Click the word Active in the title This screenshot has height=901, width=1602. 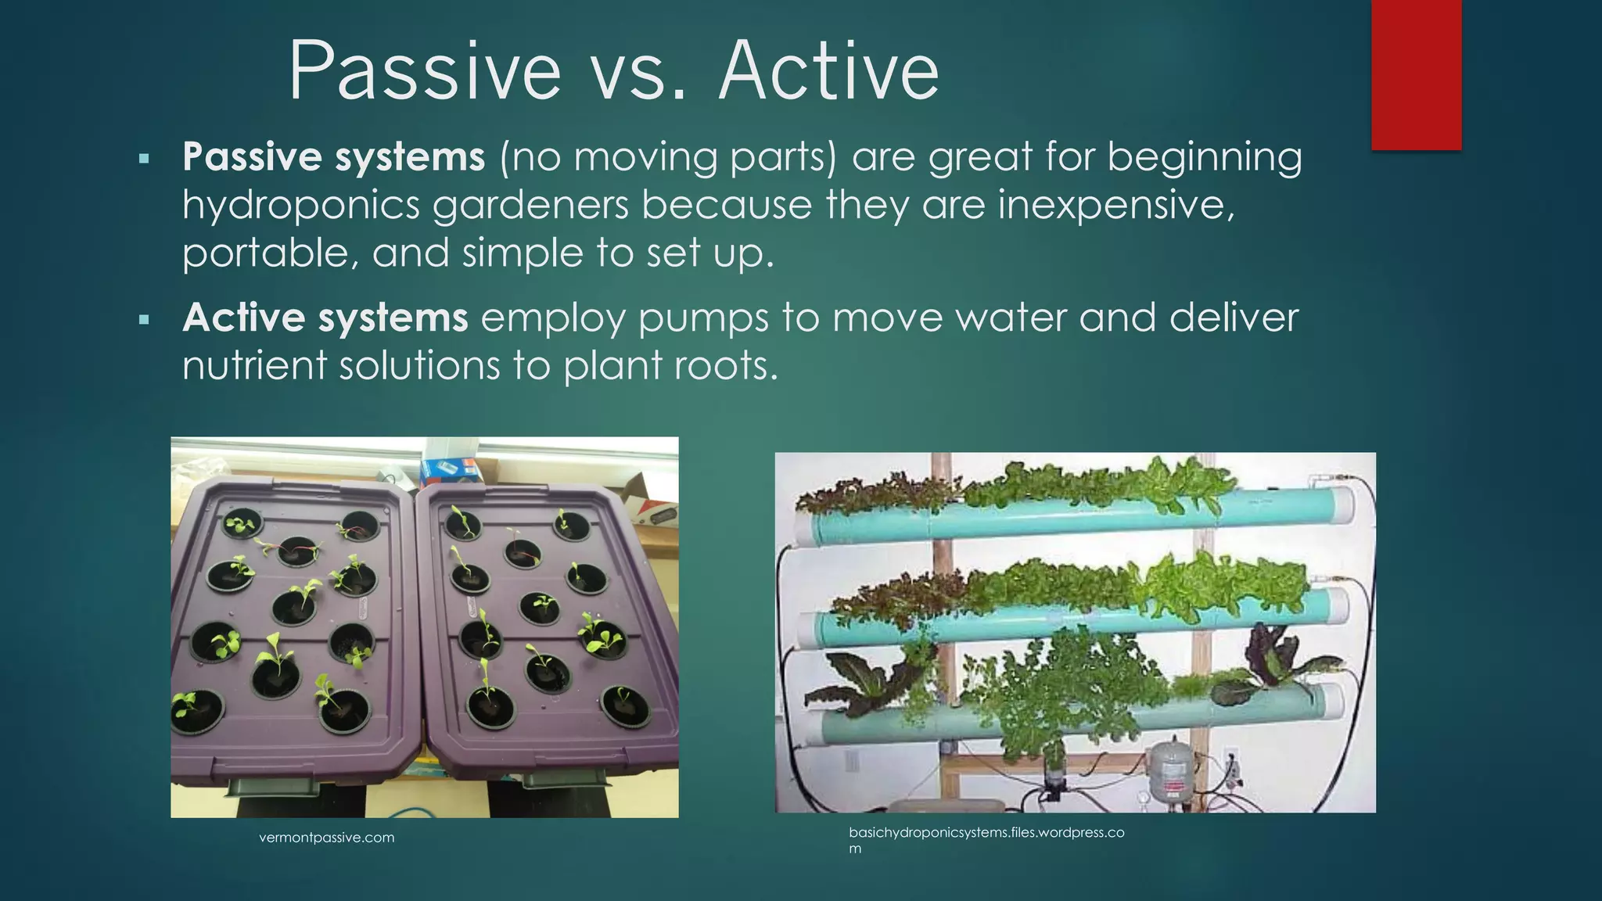(x=829, y=72)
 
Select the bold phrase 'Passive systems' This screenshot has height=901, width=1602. (x=334, y=156)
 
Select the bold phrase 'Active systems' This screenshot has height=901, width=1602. (x=325, y=318)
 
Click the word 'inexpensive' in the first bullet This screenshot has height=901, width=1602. (x=1115, y=205)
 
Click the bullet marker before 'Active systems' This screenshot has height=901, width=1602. (x=143, y=319)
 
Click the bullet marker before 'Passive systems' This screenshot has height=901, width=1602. (x=143, y=159)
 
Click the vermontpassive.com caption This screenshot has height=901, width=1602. (x=326, y=838)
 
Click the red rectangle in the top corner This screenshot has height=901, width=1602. (x=1416, y=74)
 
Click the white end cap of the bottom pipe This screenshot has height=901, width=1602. (x=1330, y=700)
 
